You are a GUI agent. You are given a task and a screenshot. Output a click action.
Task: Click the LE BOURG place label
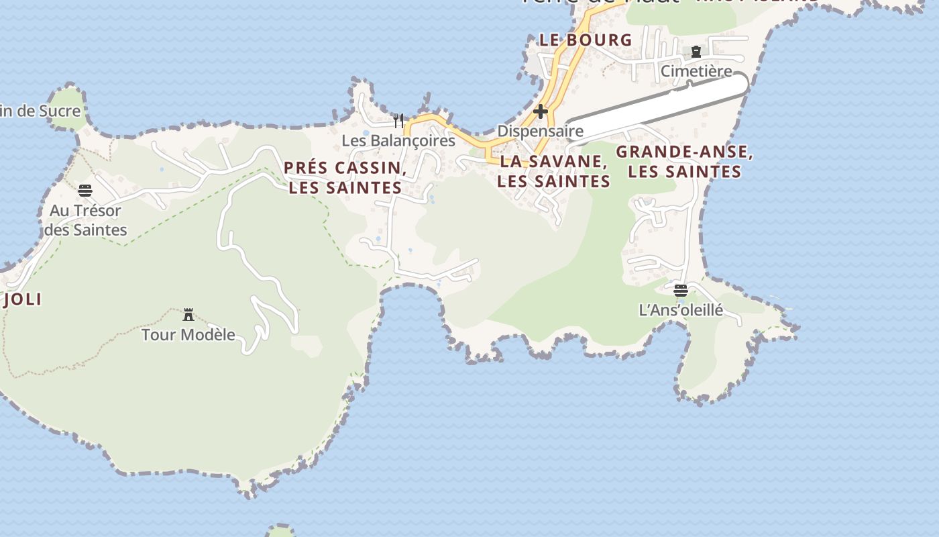(586, 40)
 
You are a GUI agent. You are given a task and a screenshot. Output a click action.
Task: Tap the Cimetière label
(696, 70)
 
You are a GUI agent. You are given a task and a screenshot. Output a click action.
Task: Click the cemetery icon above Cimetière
(696, 52)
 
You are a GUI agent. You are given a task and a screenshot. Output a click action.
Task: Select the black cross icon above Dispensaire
(541, 111)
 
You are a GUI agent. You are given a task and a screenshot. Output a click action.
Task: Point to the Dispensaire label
(540, 131)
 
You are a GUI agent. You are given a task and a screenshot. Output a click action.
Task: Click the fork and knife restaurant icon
(398, 121)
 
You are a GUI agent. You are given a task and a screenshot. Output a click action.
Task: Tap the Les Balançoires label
(398, 141)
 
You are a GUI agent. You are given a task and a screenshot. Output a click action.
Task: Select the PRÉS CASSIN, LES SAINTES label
(345, 178)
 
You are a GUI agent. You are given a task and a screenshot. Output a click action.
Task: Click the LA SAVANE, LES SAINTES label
(554, 171)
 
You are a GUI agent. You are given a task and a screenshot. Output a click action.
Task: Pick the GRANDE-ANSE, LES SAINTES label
(685, 162)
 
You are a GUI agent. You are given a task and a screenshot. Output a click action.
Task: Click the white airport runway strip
(657, 107)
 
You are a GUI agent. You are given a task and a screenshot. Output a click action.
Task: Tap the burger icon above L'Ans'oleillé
(681, 291)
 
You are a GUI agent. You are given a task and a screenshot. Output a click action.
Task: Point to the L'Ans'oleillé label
(681, 310)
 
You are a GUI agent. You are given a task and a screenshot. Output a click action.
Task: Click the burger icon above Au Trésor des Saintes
(85, 191)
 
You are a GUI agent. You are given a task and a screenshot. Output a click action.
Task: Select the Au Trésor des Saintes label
(85, 220)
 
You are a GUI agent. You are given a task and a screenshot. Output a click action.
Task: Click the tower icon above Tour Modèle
(188, 314)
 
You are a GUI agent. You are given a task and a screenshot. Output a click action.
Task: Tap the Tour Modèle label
(188, 334)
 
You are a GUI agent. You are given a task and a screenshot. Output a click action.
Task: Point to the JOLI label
(22, 299)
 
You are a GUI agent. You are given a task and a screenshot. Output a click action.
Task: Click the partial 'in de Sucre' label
(40, 111)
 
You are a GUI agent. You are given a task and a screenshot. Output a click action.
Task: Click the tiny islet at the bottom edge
(281, 531)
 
